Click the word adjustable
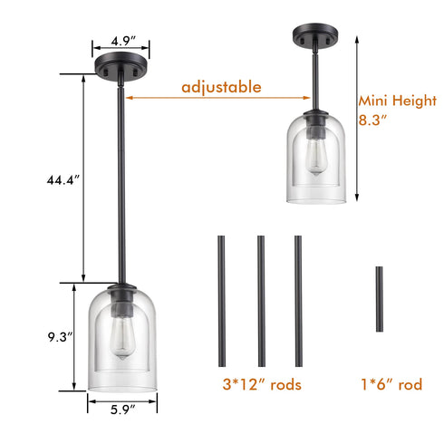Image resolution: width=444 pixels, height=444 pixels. pyautogui.click(x=221, y=87)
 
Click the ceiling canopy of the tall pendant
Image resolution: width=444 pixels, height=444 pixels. pyautogui.click(x=121, y=69)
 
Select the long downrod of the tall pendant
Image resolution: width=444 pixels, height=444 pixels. pyautogui.click(x=121, y=181)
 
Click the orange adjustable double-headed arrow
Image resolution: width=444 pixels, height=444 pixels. pyautogui.click(x=217, y=99)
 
